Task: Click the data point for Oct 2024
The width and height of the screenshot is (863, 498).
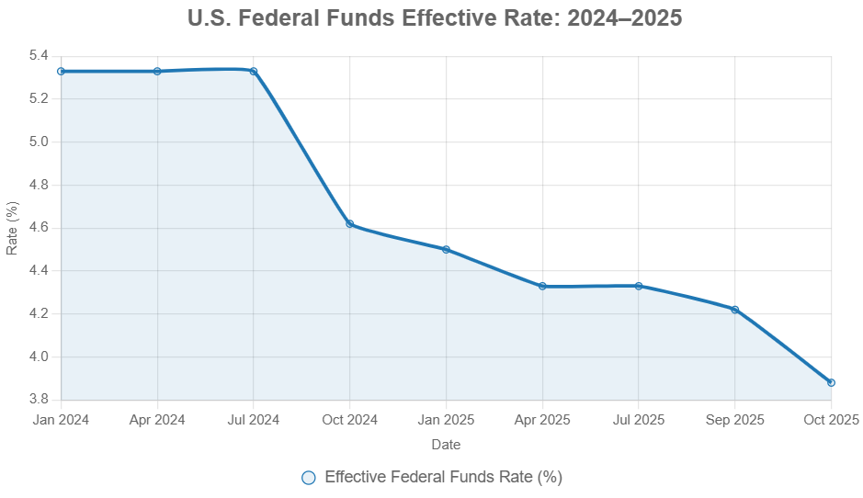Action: (349, 223)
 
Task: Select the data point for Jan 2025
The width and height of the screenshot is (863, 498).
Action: (446, 249)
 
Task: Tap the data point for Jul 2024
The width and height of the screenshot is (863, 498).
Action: (254, 72)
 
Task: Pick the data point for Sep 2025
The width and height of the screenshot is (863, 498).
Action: (734, 310)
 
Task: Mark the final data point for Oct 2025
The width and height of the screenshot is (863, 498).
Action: (831, 382)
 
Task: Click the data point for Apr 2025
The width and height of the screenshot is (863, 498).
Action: (542, 286)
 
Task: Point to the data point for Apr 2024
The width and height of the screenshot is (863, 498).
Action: (157, 71)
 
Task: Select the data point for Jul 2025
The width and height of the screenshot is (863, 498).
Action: (639, 286)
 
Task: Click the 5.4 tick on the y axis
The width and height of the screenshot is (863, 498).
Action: (38, 55)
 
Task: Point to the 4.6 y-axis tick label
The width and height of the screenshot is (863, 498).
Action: (38, 228)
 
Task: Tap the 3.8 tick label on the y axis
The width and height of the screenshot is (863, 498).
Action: (38, 400)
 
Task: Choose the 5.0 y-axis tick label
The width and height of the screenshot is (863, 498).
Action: (38, 141)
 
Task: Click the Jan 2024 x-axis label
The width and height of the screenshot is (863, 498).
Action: (61, 420)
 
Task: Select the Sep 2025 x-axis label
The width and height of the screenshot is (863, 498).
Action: (734, 420)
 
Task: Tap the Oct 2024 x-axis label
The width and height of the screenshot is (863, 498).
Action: (349, 420)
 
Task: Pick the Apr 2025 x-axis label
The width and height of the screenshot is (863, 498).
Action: (542, 420)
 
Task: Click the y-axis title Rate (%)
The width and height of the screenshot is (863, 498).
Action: (12, 228)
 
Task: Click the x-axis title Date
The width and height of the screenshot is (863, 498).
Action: (446, 445)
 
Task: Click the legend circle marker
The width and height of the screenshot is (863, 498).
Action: (309, 477)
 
